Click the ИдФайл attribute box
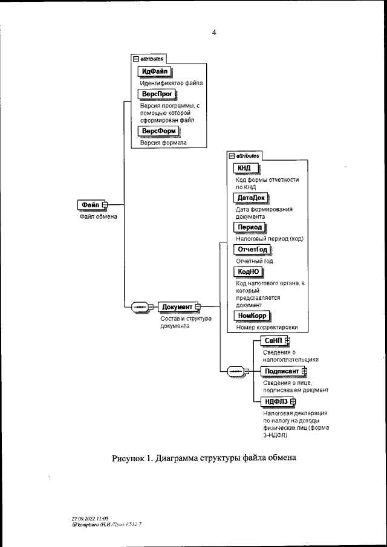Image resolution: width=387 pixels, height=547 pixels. pyautogui.click(x=155, y=71)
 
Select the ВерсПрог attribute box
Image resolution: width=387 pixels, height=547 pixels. pyautogui.click(x=157, y=94)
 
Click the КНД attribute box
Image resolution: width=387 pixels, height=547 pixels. pyautogui.click(x=246, y=169)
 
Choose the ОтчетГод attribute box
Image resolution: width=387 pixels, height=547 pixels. pyautogui.click(x=252, y=250)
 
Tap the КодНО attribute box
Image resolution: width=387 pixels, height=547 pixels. pyautogui.click(x=247, y=271)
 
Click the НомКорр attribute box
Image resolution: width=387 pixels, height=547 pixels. pyautogui.click(x=252, y=316)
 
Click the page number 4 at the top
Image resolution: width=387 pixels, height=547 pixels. pyautogui.click(x=214, y=33)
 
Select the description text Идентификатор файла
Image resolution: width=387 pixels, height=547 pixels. pyautogui.click(x=171, y=83)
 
